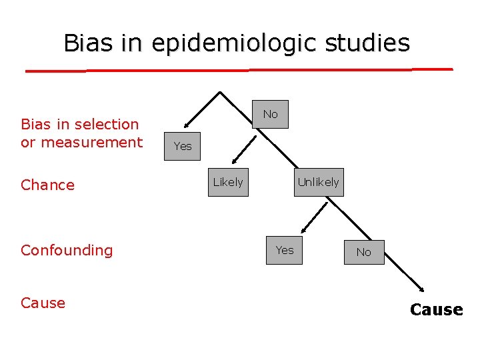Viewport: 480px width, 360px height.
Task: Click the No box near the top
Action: click(x=270, y=115)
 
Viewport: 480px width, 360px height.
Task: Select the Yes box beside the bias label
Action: click(x=182, y=146)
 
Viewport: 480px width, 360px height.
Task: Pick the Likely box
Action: click(x=228, y=182)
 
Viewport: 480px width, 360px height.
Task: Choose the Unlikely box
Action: click(x=318, y=182)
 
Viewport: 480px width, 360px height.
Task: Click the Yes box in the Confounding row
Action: click(x=285, y=250)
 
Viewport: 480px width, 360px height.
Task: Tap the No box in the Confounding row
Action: click(x=363, y=252)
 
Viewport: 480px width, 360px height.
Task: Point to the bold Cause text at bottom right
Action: click(x=436, y=309)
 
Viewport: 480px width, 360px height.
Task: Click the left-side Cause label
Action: click(x=43, y=303)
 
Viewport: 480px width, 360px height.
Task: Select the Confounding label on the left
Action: click(x=67, y=250)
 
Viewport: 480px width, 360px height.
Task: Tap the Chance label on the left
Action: click(x=48, y=185)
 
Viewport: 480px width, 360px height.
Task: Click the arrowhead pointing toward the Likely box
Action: click(x=235, y=161)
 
